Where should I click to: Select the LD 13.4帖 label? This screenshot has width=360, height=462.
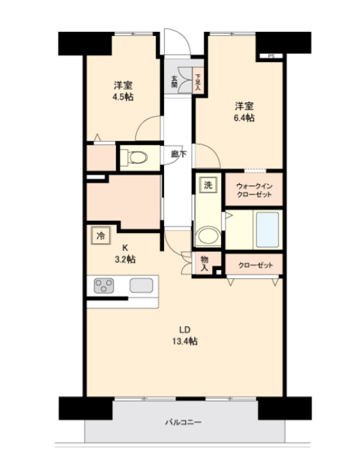(x=184, y=336)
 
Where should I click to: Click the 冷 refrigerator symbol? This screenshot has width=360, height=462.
(x=100, y=235)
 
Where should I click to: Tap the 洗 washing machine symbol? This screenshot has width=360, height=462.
(x=207, y=186)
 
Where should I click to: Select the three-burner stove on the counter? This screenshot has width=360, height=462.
(x=103, y=286)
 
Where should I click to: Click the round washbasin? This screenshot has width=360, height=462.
(x=206, y=236)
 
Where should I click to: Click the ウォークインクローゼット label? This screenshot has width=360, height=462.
(x=253, y=189)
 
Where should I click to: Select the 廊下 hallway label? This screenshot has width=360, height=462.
(x=179, y=154)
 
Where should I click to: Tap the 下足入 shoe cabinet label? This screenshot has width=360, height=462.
(x=198, y=81)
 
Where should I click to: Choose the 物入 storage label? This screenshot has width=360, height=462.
(x=204, y=264)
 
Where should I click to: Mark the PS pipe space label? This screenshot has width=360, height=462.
(x=271, y=56)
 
